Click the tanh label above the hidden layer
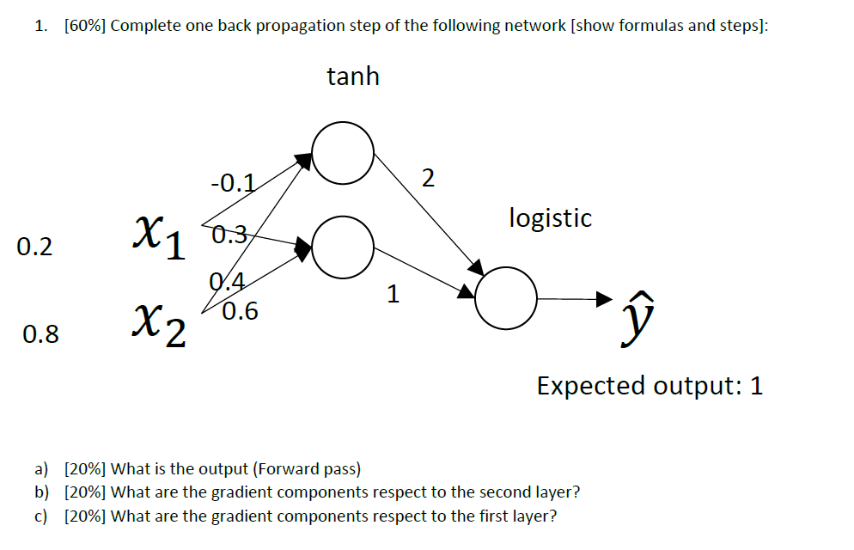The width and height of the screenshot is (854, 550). [x=352, y=76]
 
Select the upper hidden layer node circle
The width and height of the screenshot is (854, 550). [x=342, y=154]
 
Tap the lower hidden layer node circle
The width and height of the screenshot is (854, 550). [x=342, y=247]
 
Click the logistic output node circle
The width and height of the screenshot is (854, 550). [x=506, y=298]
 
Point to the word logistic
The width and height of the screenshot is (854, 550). [x=550, y=218]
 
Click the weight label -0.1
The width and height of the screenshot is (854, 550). [x=232, y=182]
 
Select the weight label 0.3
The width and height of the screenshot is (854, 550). [x=229, y=232]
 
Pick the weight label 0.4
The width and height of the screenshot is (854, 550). [x=228, y=281]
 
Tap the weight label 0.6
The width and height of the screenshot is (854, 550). [x=240, y=311]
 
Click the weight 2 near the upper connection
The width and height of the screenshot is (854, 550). [x=429, y=178]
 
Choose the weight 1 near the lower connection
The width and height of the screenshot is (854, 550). [x=393, y=295]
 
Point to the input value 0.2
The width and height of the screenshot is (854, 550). [x=34, y=247]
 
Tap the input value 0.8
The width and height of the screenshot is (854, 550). [x=41, y=334]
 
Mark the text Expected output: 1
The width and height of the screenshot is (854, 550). [x=650, y=386]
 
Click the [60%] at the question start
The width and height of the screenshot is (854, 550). [x=84, y=25]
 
